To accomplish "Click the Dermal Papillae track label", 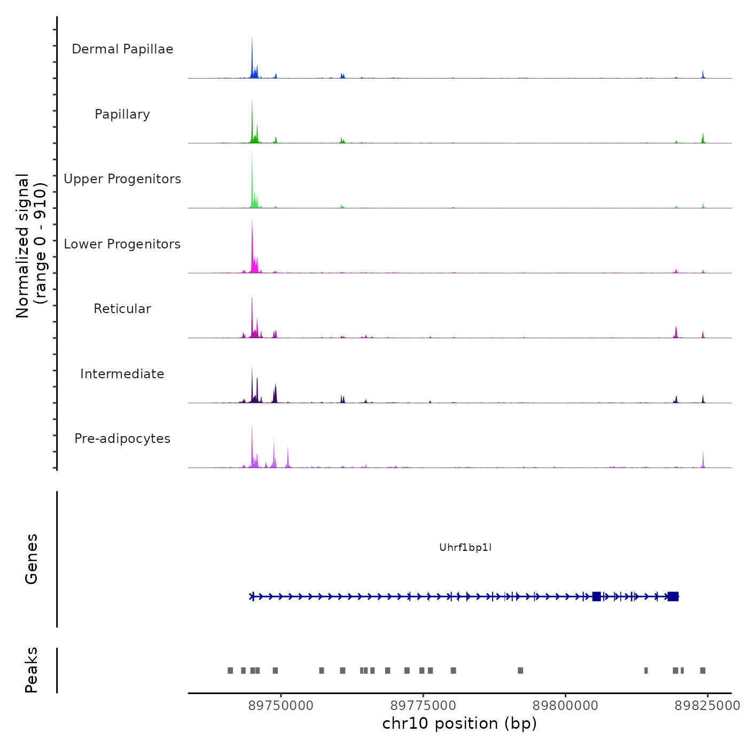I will coord(122,49).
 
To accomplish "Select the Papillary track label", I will coord(122,114).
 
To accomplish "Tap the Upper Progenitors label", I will coord(122,179).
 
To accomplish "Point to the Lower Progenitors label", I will coord(122,244).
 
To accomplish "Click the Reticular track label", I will coord(122,309).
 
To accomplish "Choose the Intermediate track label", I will coord(122,374).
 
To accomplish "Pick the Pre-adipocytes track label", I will coord(122,439).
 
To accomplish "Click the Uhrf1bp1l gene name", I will coord(465,547).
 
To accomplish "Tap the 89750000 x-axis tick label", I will coord(280,706).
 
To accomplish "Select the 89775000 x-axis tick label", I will coord(423,706).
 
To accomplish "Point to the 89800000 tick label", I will coord(566,706).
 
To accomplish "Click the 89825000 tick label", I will coord(707,706).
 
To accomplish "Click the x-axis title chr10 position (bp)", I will coord(459,723).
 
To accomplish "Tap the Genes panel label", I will coord(32,559).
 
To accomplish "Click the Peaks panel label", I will coord(32,670).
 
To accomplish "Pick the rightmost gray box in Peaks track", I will coord(703,671).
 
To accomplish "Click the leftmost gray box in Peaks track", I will coord(230,671).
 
